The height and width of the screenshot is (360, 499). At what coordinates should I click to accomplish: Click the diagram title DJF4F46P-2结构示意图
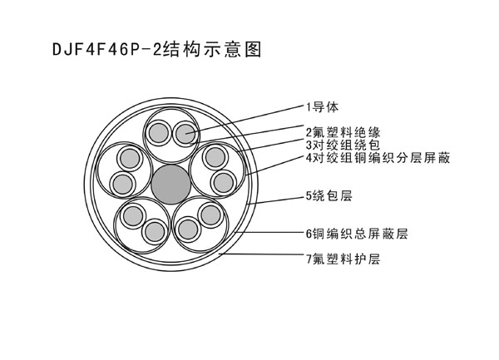[x=157, y=50]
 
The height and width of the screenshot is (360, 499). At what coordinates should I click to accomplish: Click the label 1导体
[x=323, y=107]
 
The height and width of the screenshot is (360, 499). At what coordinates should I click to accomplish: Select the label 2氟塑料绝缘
[x=343, y=132]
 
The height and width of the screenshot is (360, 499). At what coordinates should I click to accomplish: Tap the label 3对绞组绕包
[x=343, y=145]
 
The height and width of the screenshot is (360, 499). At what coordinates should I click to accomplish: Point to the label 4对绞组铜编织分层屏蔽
[x=378, y=157]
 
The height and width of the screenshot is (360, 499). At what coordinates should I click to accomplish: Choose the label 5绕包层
[x=329, y=195]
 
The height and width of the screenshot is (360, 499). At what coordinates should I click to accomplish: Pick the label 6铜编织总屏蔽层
[x=357, y=234]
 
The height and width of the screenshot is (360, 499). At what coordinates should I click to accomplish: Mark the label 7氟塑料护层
[x=343, y=259]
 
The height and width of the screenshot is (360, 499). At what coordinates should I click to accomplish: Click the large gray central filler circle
[x=170, y=184]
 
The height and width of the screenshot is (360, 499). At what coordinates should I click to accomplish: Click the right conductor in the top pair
[x=185, y=134]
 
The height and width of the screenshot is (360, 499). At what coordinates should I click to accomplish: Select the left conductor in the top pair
[x=158, y=133]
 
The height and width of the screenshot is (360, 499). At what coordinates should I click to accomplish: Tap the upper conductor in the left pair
[x=130, y=158]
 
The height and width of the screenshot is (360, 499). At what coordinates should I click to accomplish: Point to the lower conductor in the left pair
[x=123, y=184]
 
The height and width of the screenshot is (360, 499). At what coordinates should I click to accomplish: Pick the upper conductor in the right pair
[x=215, y=157]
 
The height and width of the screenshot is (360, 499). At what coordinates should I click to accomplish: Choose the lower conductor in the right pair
[x=223, y=183]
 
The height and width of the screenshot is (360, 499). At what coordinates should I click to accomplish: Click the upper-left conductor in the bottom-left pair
[x=133, y=216]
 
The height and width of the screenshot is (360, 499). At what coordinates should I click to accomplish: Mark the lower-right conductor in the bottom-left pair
[x=155, y=231]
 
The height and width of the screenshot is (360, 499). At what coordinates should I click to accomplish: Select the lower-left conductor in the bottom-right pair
[x=188, y=229]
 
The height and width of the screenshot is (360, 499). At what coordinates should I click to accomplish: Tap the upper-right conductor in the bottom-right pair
[x=210, y=215]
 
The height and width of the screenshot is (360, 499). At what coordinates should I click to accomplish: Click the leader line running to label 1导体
[x=245, y=119]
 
